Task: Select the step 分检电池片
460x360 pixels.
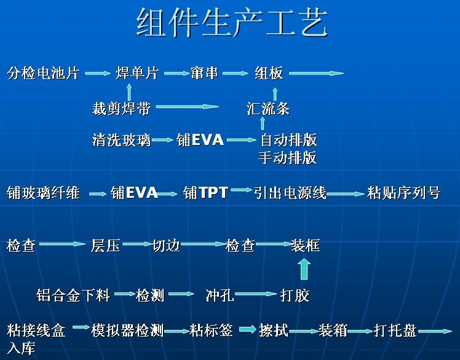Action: tap(43, 74)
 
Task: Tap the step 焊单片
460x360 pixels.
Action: tap(137, 74)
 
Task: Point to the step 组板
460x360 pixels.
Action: tap(269, 74)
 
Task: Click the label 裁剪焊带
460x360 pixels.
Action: tap(121, 109)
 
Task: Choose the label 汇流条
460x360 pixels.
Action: tap(268, 109)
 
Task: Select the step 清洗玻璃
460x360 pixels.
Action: tap(121, 140)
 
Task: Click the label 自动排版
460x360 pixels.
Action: tap(288, 140)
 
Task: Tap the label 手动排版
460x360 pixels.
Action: tap(287, 158)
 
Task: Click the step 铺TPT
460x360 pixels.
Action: tap(206, 194)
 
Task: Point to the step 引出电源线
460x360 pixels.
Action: tap(290, 194)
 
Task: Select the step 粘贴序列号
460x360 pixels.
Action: tap(403, 194)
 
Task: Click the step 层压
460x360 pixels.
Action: tap(105, 246)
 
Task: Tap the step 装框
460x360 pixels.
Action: tap(305, 246)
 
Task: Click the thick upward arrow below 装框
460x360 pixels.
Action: tap(304, 269)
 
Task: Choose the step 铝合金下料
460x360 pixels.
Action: tap(73, 296)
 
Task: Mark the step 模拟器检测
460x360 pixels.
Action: tap(127, 331)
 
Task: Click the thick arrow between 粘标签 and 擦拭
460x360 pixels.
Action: tap(247, 331)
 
